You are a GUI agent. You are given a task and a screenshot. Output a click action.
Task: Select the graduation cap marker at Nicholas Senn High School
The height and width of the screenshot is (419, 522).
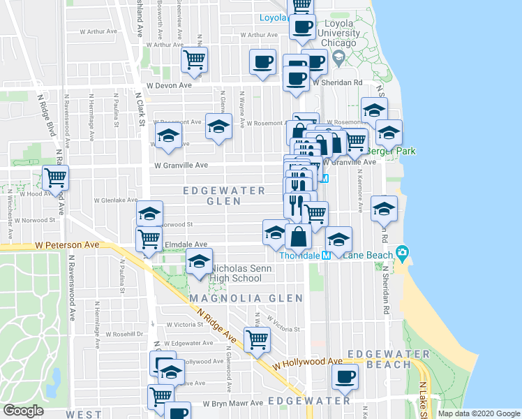199,263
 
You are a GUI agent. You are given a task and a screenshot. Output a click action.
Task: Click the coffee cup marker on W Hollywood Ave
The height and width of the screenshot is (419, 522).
344,377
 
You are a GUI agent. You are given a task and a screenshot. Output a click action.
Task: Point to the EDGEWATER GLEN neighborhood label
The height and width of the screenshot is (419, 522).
224,196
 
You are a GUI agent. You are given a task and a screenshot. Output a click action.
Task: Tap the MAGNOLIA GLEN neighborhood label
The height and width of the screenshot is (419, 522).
246,298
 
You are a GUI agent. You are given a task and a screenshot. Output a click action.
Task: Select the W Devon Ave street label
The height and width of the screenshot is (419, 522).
165,85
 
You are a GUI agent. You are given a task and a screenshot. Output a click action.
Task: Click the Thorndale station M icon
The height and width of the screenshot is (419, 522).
325,256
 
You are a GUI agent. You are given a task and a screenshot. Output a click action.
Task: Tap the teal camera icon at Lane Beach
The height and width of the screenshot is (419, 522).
402,252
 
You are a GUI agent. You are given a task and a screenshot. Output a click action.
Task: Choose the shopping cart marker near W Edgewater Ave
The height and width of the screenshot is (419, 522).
258,339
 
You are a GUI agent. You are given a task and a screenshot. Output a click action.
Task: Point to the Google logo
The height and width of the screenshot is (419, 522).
23,411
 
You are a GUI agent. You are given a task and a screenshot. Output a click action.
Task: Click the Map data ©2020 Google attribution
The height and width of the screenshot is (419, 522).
478,413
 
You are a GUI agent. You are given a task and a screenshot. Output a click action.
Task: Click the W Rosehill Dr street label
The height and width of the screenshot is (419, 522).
126,334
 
